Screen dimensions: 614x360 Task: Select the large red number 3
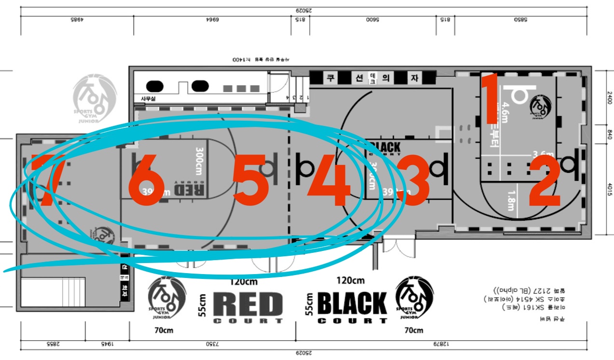pos(412,180)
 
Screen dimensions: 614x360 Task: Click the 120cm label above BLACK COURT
pos(350,280)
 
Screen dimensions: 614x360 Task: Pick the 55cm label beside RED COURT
pos(203,305)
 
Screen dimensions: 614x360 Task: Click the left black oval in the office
pos(154,86)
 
